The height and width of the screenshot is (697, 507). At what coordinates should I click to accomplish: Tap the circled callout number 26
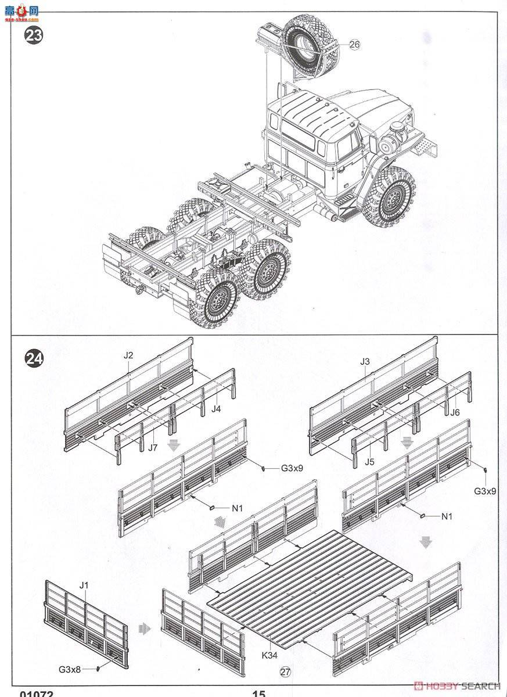355,44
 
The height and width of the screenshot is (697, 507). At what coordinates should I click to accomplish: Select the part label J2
129,355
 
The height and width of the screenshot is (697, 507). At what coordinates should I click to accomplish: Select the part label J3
365,361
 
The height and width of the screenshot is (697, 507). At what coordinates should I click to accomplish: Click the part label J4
216,409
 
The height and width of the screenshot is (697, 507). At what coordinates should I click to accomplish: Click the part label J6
455,412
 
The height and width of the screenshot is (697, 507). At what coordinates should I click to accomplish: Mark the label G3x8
71,669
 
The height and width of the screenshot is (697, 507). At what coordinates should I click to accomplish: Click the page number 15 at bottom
258,693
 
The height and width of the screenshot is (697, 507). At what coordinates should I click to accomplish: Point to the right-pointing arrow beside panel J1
146,628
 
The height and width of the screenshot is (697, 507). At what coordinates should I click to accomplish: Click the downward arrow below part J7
172,444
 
